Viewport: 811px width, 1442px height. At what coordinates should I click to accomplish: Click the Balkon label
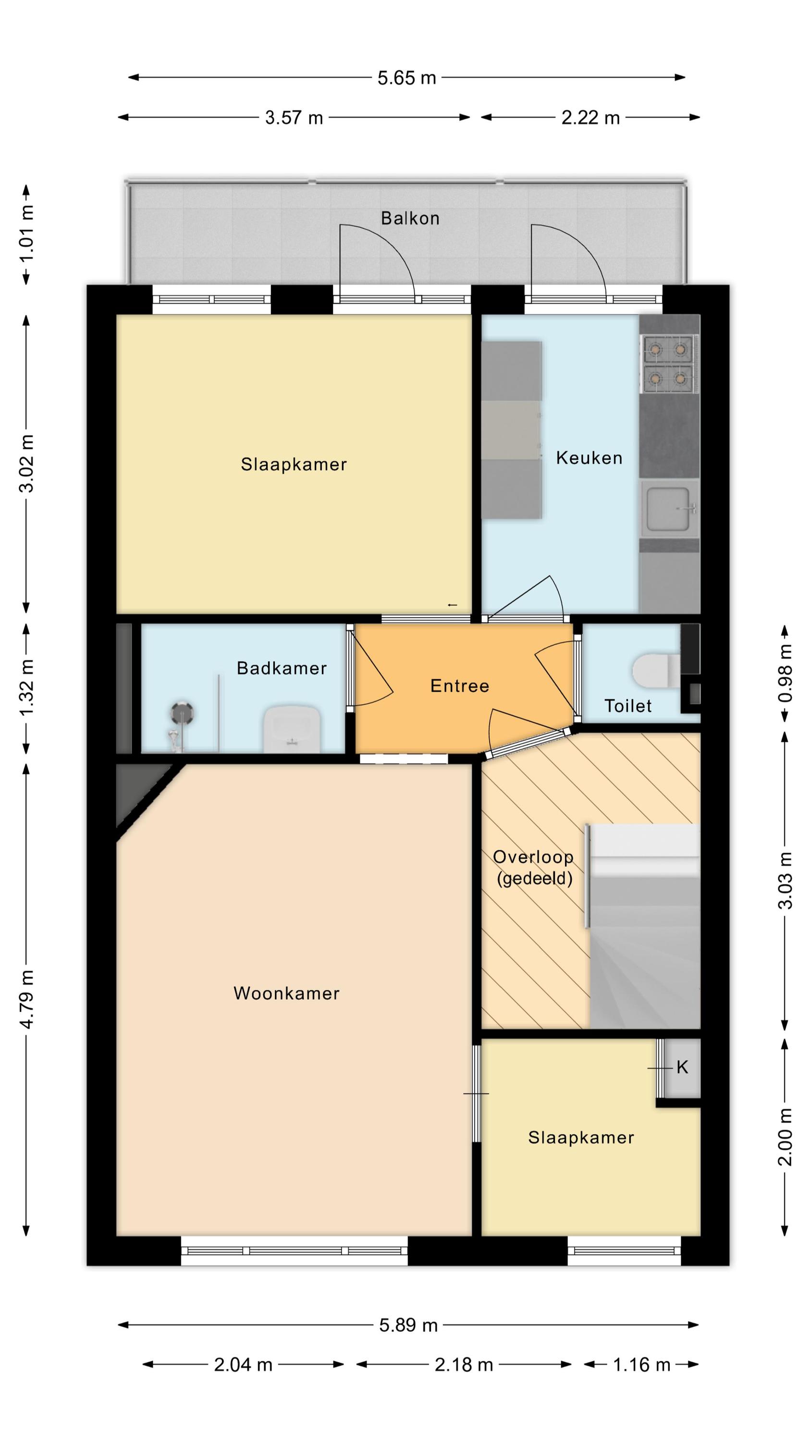(410, 218)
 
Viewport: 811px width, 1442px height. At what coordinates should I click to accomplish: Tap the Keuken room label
(589, 458)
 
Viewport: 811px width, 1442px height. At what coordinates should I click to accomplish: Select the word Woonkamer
(286, 993)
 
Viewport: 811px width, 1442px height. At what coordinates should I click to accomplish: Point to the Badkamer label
(282, 668)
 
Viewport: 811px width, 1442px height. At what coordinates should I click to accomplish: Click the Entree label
(459, 686)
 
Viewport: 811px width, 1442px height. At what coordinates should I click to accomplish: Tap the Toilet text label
(628, 706)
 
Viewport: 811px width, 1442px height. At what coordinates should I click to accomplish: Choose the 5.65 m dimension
(406, 78)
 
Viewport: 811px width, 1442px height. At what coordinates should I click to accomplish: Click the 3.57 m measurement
(294, 118)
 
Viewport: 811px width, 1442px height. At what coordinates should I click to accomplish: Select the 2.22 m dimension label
(590, 118)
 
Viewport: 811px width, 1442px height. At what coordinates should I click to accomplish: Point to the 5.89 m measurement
(408, 1325)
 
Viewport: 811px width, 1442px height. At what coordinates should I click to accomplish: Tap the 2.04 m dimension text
(243, 1365)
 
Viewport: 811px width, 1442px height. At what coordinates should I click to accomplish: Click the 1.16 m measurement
(641, 1365)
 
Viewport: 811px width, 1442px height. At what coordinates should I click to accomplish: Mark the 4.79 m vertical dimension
(26, 999)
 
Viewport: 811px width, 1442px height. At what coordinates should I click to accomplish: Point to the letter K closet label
(682, 1068)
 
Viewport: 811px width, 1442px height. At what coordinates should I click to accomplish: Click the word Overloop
(533, 857)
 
